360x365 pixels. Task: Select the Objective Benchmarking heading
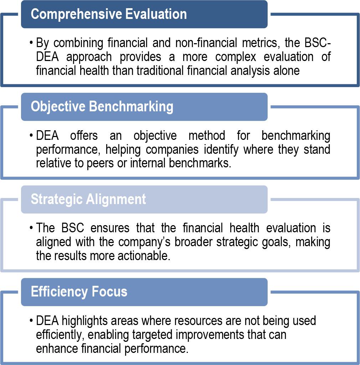pyautogui.click(x=102, y=106)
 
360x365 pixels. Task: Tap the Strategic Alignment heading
pyautogui.click(x=88, y=199)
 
